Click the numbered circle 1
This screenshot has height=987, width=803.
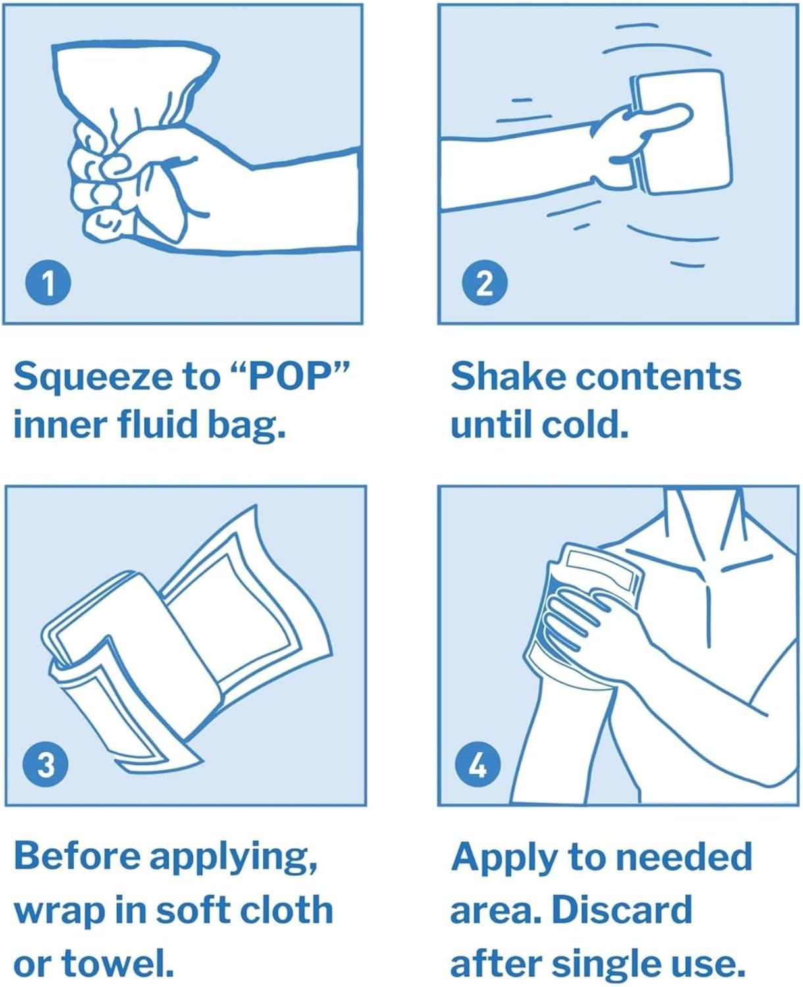pyautogui.click(x=48, y=283)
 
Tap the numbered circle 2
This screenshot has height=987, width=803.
pyautogui.click(x=484, y=283)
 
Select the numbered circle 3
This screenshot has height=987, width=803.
pyautogui.click(x=45, y=764)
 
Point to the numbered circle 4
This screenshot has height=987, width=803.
pyautogui.click(x=478, y=764)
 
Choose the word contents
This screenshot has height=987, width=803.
pyautogui.click(x=658, y=376)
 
